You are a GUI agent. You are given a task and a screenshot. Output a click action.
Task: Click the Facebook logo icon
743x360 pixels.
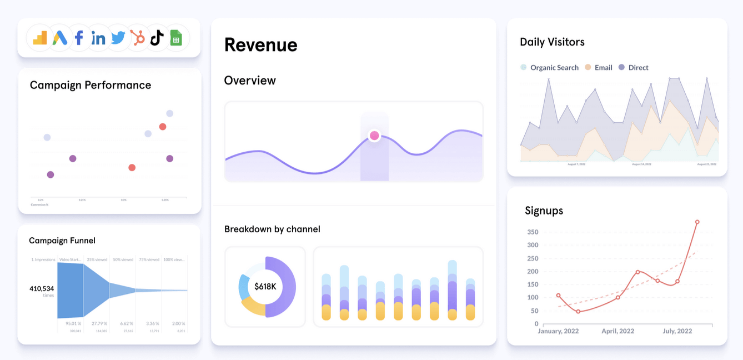pyautogui.click(x=79, y=38)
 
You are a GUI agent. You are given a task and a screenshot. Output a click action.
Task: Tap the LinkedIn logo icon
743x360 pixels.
pyautogui.click(x=98, y=38)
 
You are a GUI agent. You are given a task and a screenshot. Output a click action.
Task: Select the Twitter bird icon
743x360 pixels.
pyautogui.click(x=118, y=38)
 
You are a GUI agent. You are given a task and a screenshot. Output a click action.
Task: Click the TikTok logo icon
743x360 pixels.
pyautogui.click(x=157, y=38)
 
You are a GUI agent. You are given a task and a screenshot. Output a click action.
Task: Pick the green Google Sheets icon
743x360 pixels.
pyautogui.click(x=176, y=38)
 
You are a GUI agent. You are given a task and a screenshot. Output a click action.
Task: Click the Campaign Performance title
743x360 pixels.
pyautogui.click(x=91, y=85)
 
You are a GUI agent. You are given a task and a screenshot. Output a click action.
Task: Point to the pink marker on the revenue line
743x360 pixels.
pyautogui.click(x=374, y=136)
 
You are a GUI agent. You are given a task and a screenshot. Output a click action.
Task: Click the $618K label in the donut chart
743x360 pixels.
pyautogui.click(x=265, y=287)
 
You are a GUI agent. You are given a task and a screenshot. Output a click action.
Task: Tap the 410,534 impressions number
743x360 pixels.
pyautogui.click(x=42, y=288)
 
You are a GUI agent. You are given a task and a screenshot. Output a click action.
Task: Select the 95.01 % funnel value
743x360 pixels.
pyautogui.click(x=73, y=323)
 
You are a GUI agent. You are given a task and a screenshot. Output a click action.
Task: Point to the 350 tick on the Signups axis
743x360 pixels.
pyautogui.click(x=533, y=232)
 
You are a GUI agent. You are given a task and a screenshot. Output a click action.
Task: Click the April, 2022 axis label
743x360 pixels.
pyautogui.click(x=618, y=331)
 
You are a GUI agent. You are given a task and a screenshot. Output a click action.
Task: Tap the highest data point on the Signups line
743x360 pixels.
pyautogui.click(x=697, y=222)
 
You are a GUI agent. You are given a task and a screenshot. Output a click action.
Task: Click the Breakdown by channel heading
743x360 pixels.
pyautogui.click(x=272, y=229)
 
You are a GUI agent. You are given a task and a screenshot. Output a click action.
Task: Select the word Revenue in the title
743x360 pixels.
pyautogui.click(x=261, y=45)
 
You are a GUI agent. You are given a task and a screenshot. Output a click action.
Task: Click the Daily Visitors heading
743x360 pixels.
pyautogui.click(x=552, y=42)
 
